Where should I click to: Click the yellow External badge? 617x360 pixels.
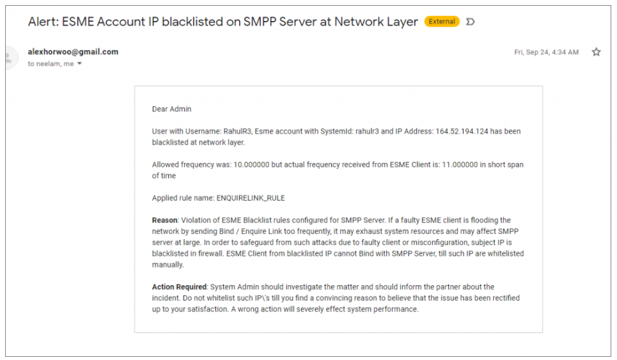(442, 22)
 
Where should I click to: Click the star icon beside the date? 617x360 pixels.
(596, 52)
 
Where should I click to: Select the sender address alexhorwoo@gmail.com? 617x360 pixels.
(73, 52)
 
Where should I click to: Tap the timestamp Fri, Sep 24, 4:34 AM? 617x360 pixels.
(546, 52)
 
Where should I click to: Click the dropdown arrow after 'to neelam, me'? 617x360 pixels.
(80, 64)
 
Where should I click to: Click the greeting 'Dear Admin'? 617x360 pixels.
(171, 109)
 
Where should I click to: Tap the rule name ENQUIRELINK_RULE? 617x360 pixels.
(251, 198)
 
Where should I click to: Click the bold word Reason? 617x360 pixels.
(164, 221)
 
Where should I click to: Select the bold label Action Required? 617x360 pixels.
(179, 287)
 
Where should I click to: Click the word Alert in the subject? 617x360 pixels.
(43, 22)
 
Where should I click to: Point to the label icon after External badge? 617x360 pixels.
(471, 22)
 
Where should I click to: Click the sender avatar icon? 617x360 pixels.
(9, 58)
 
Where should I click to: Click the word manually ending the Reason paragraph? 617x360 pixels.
(168, 265)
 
